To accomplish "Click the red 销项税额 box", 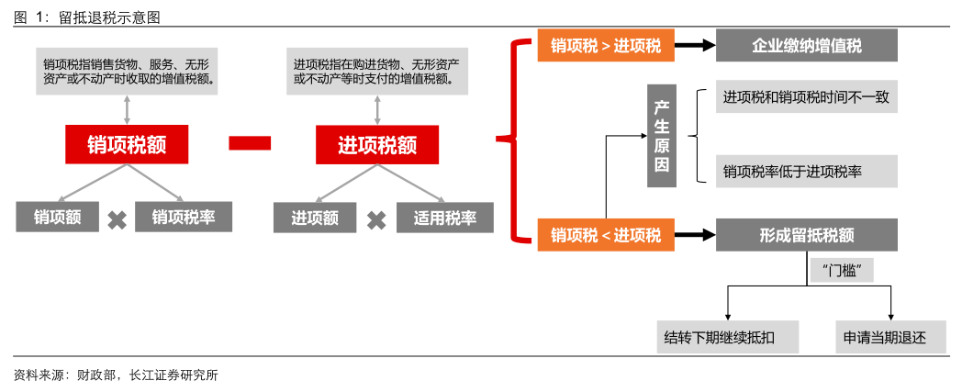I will click(126, 144).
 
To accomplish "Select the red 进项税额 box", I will click(377, 144).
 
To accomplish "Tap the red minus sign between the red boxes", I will click(249, 142).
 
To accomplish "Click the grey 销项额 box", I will click(58, 218).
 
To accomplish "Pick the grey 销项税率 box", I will click(184, 218).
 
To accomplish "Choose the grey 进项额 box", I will click(315, 218).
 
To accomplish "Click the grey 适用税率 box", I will click(445, 218).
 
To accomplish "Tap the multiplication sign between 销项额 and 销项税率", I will click(117, 219).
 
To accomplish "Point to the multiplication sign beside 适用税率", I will click(376, 219).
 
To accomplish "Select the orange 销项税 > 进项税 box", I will click(605, 46).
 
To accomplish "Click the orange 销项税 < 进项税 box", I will click(605, 235).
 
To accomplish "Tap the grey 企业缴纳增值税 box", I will click(807, 46).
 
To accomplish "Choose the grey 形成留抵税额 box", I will click(807, 235).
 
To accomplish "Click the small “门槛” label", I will click(842, 270).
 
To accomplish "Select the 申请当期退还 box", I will click(885, 337).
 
